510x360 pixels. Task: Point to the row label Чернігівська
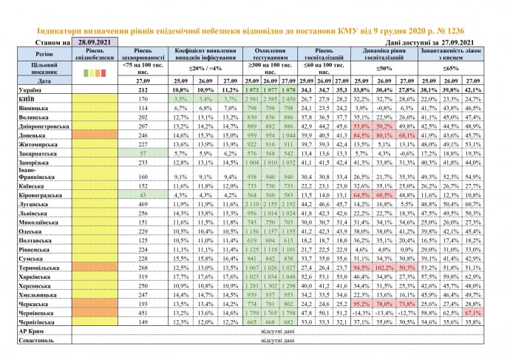[33, 322]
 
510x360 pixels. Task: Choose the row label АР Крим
[30, 332]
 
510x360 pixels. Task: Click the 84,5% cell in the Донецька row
[362, 136]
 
